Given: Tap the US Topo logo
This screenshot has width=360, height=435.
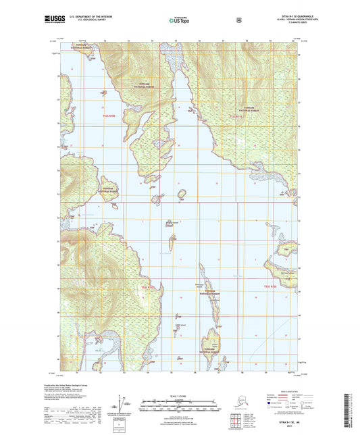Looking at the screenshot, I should (x=180, y=21).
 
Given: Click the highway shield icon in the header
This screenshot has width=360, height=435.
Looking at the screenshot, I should (x=238, y=20).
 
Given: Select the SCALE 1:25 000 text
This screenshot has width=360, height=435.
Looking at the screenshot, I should (x=180, y=395).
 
